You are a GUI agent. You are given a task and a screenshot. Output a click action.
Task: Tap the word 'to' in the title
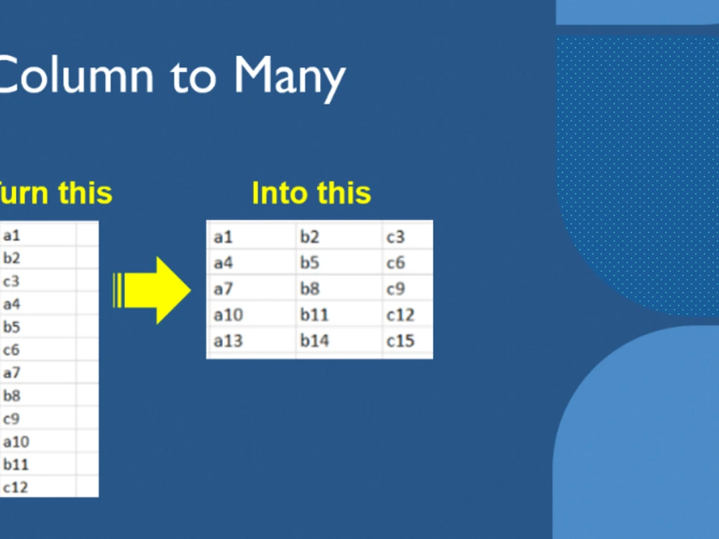[193, 75]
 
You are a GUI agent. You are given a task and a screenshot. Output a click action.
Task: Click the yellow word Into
[281, 193]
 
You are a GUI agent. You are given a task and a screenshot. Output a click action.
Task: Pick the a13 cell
[228, 341]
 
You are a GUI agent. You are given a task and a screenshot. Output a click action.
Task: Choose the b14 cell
[314, 341]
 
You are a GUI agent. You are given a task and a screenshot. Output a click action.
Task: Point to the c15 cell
[400, 341]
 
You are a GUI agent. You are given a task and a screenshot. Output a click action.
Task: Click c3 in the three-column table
[396, 236]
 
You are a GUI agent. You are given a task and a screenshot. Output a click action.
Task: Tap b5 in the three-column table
[310, 262]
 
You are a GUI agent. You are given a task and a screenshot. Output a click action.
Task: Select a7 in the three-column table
[224, 289]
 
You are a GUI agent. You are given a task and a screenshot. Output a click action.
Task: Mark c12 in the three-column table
[400, 315]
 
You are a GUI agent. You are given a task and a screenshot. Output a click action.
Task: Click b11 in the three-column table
[314, 315]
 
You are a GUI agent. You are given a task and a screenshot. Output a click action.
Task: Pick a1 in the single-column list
[12, 235]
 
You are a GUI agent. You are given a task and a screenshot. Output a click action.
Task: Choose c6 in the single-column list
[12, 350]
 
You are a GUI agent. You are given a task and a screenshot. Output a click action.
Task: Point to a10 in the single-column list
[16, 441]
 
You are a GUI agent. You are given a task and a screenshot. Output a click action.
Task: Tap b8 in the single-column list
[12, 395]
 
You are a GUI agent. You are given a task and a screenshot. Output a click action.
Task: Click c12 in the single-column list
[15, 487]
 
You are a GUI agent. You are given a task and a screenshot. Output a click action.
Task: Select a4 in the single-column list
[12, 304]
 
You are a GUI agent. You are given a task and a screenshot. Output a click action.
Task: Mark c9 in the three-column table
[396, 289]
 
